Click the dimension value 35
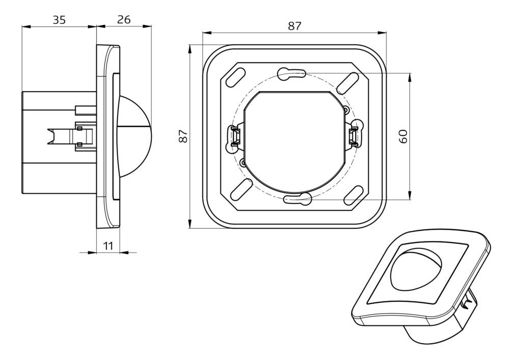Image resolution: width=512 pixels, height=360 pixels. [x=59, y=20]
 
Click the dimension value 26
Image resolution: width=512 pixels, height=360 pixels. [x=124, y=20]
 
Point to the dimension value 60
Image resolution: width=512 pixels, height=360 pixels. [x=403, y=136]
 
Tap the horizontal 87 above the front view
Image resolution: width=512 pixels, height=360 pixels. [x=294, y=26]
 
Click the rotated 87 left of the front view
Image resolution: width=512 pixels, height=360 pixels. [x=184, y=136]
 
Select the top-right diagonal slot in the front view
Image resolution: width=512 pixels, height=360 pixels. [x=352, y=80]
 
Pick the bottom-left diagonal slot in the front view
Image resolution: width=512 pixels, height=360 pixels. [x=238, y=193]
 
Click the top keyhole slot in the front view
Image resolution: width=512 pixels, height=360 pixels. [x=292, y=74]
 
